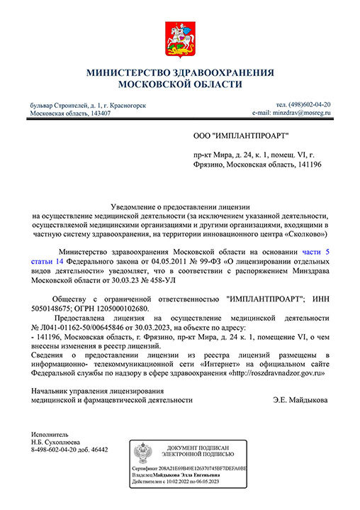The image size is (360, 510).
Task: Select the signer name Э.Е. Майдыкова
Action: [300, 400]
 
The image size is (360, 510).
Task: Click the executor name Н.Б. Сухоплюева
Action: [57, 440]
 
